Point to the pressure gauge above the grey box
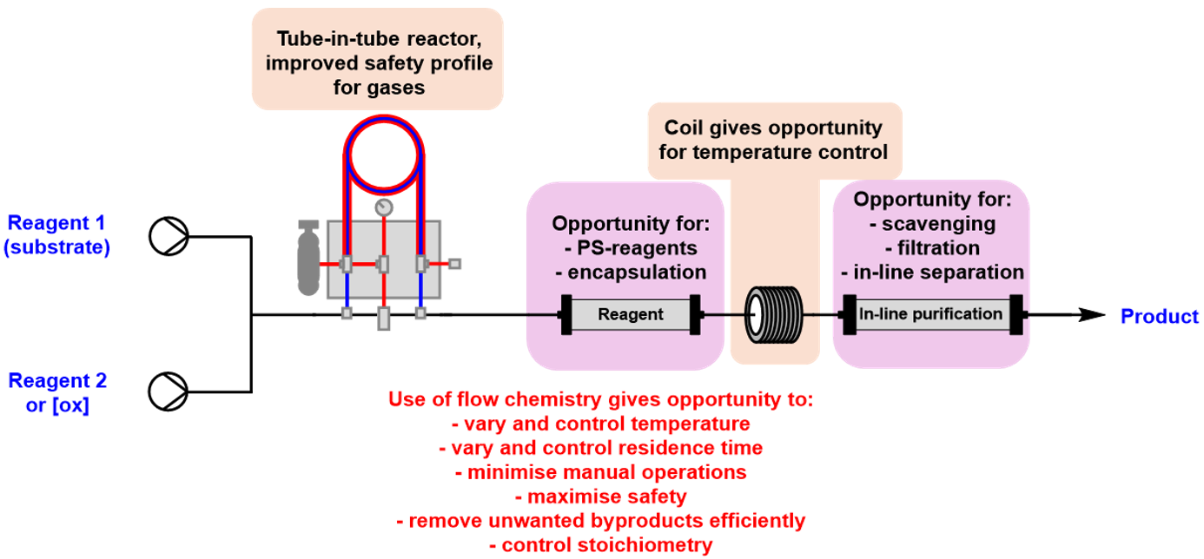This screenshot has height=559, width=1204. pyautogui.click(x=382, y=207)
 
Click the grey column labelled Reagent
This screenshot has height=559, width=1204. pyautogui.click(x=631, y=314)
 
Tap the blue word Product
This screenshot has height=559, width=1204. pyautogui.click(x=1159, y=316)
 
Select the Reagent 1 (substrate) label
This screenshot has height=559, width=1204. pyautogui.click(x=56, y=234)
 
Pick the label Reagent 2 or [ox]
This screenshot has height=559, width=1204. pyautogui.click(x=57, y=392)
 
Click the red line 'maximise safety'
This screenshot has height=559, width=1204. pyautogui.click(x=600, y=497)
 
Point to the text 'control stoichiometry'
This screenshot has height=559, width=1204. pyautogui.click(x=600, y=545)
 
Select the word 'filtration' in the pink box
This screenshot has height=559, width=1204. pyautogui.click(x=932, y=248)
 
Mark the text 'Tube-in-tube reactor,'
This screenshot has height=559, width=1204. pyautogui.click(x=377, y=40)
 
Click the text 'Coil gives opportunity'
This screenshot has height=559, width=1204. pyautogui.click(x=773, y=128)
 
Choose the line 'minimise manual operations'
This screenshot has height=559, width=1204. pyautogui.click(x=600, y=473)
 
